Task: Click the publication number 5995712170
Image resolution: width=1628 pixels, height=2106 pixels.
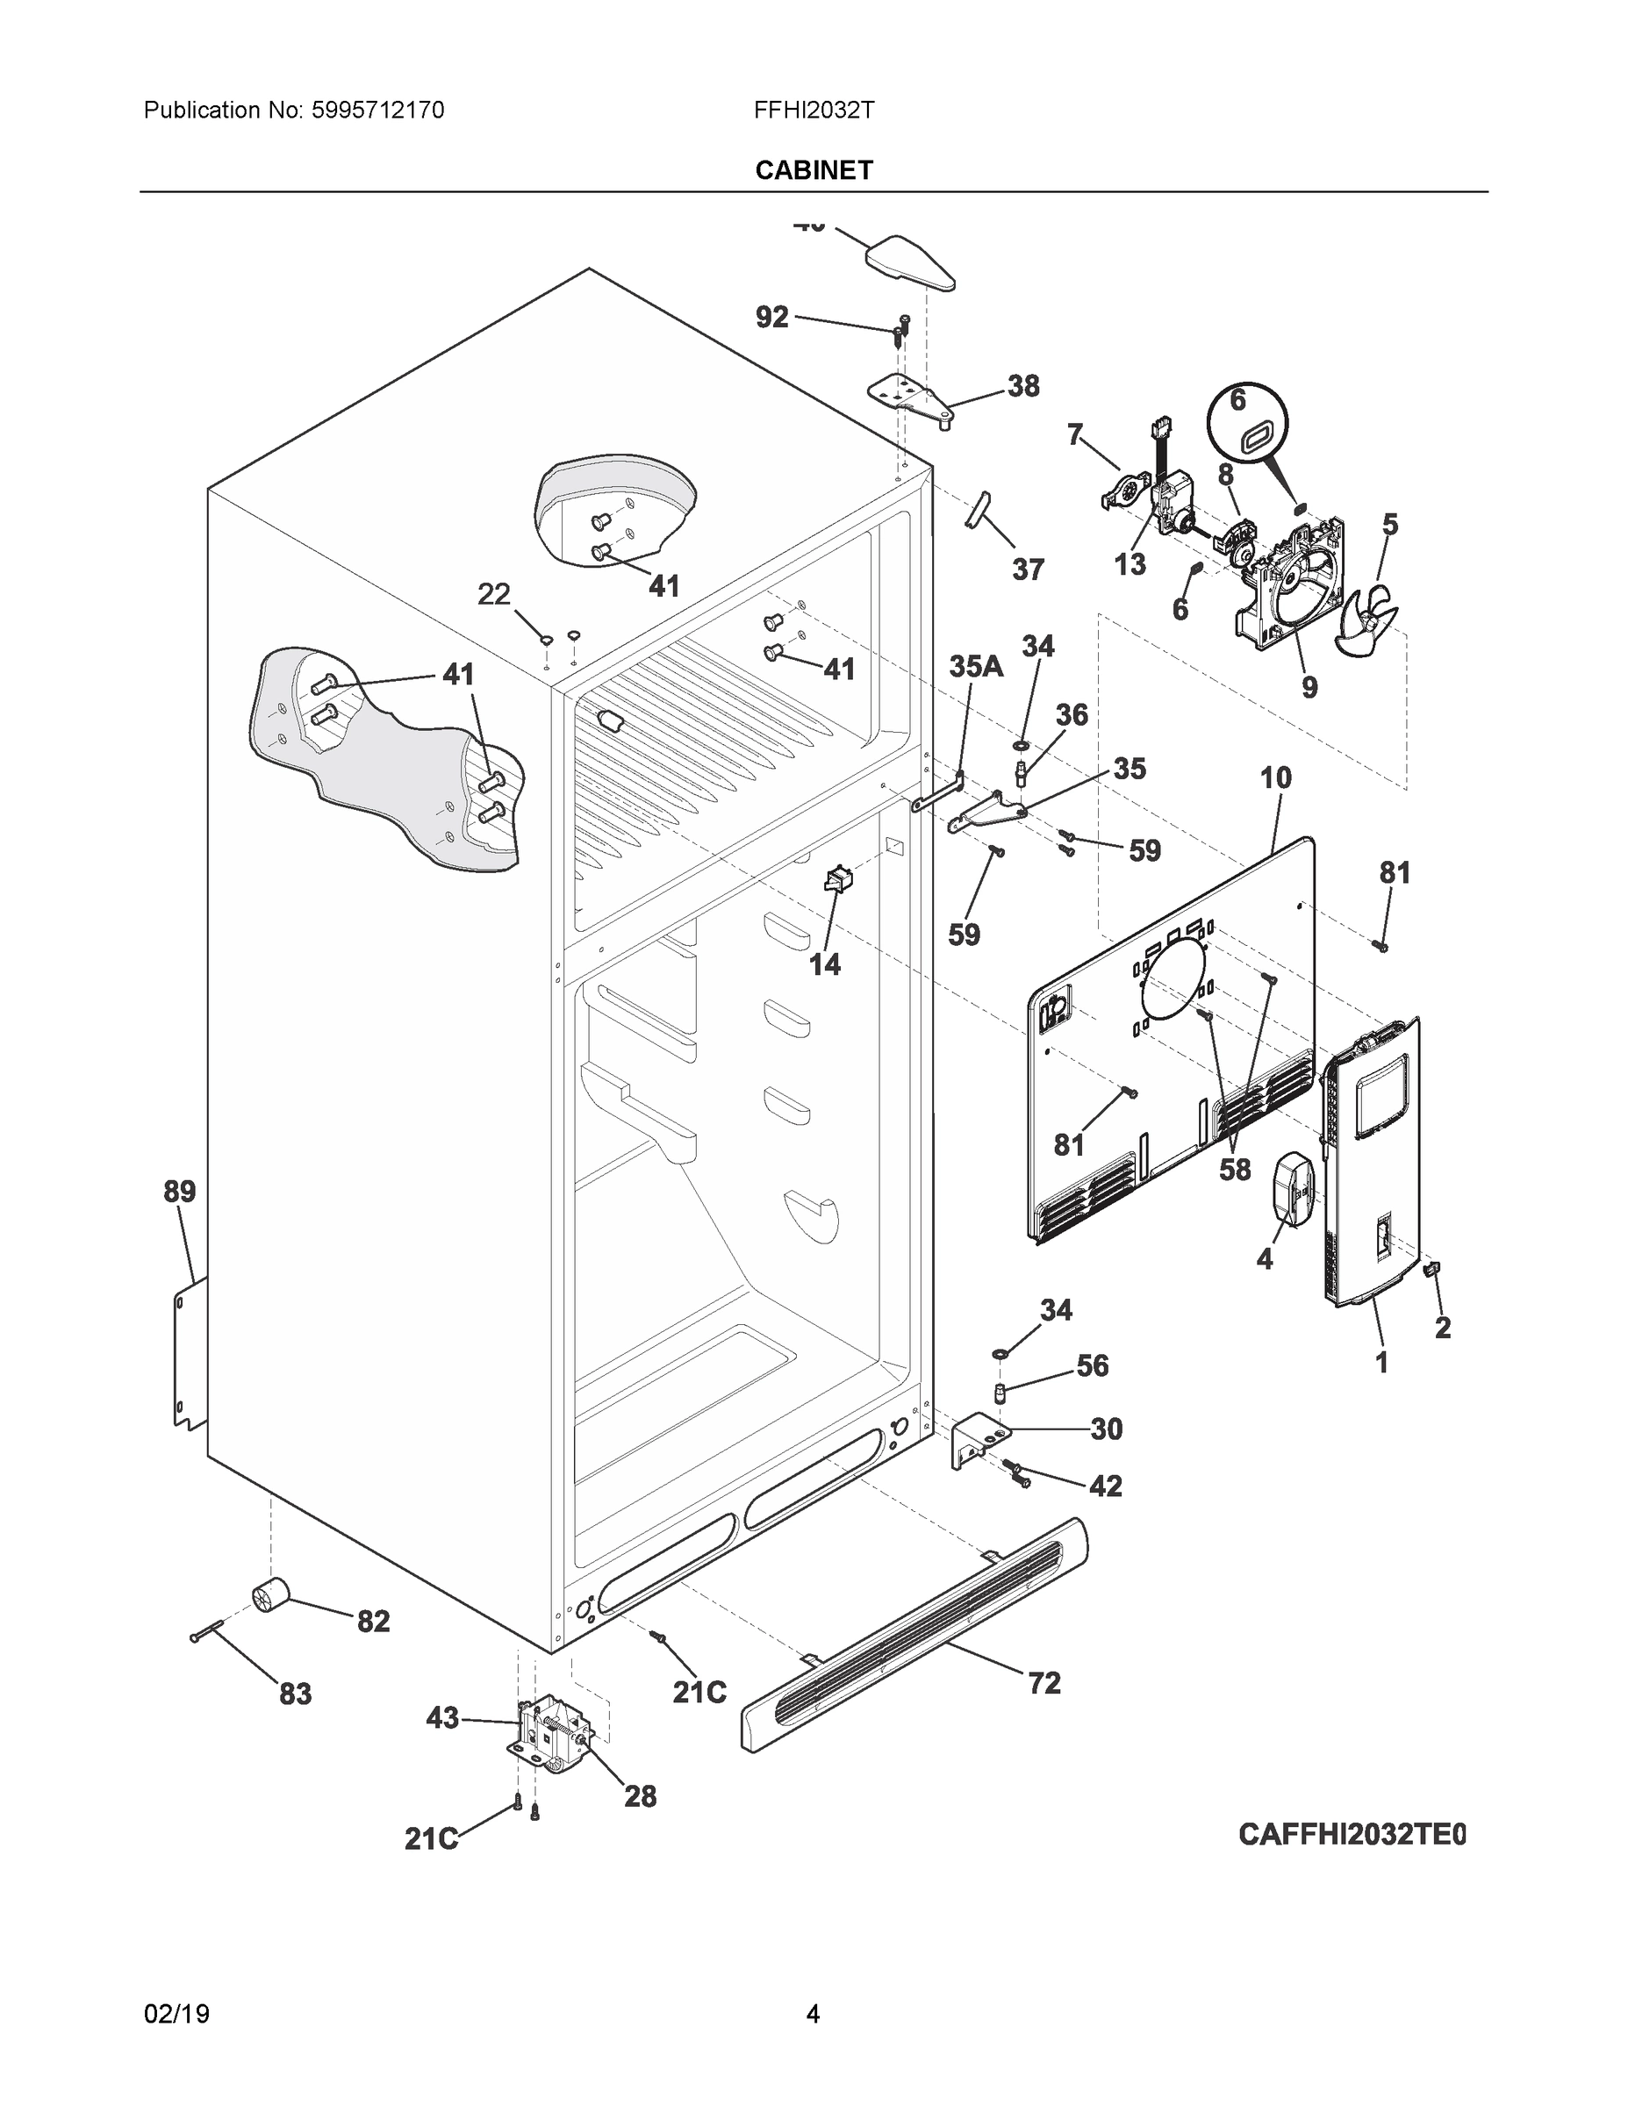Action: (x=378, y=111)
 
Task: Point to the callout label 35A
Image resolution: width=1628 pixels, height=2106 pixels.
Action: (x=976, y=665)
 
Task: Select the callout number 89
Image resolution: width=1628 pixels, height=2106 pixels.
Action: (x=179, y=1192)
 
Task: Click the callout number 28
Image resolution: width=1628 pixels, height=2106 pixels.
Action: (x=641, y=1795)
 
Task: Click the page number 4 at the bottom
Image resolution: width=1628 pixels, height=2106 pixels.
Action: (x=813, y=2014)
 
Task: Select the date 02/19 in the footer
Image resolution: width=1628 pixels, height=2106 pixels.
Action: (x=176, y=2014)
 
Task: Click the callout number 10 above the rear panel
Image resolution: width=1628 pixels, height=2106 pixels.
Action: (x=1275, y=777)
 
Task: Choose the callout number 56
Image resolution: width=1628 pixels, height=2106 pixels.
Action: (x=1092, y=1365)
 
